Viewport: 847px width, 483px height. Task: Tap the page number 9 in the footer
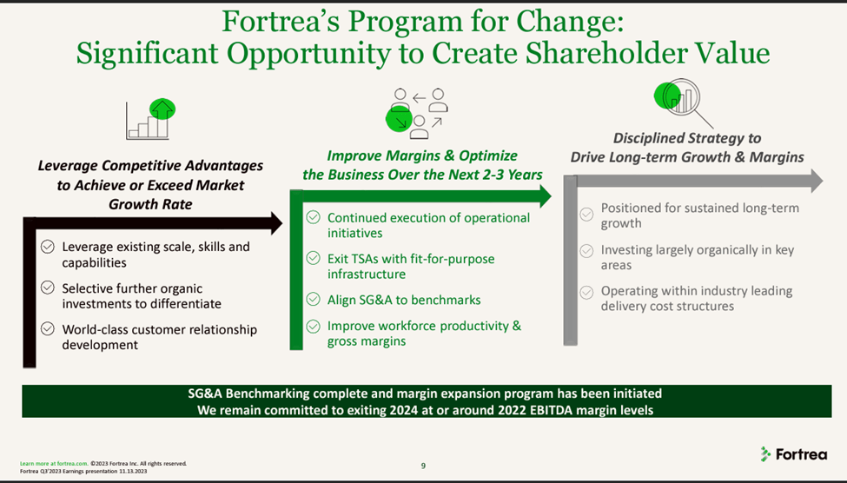click(423, 466)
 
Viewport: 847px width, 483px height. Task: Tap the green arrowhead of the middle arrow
click(544, 196)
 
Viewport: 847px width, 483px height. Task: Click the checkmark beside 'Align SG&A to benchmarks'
click(313, 300)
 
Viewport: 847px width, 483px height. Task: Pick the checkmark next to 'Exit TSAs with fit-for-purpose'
click(313, 259)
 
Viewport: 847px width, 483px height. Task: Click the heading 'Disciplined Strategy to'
click(686, 138)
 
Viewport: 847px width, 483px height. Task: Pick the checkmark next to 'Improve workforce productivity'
click(313, 327)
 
